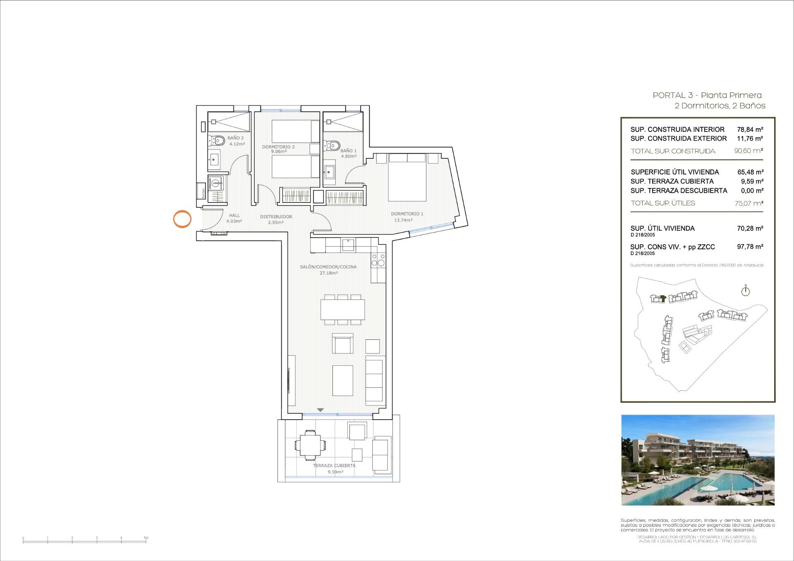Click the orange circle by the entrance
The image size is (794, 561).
tap(182, 219)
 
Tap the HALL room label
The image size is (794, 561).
tap(234, 215)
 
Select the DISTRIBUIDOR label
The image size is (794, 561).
tap(276, 217)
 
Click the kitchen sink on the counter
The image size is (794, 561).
tap(348, 245)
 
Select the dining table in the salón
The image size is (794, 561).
tap(342, 310)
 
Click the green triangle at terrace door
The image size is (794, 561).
tap(320, 410)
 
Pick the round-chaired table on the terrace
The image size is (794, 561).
tap(310, 445)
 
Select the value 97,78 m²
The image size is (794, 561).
tap(750, 247)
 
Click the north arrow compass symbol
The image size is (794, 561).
tap(745, 291)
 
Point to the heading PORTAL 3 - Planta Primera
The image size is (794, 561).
tap(707, 95)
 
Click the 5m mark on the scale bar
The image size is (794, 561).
tap(146, 538)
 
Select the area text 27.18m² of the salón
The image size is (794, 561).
tap(328, 273)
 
